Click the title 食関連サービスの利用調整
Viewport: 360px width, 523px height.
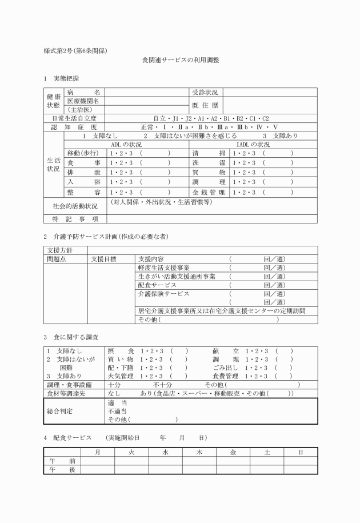[181, 59]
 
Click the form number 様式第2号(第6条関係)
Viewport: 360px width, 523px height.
[76, 50]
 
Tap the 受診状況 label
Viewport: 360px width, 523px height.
[206, 92]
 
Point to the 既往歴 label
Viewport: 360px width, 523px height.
[206, 105]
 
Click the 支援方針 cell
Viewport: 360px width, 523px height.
[65, 250]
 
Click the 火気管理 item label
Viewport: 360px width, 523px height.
[121, 376]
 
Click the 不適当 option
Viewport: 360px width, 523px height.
[117, 410]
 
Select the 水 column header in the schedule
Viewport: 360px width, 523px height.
[165, 452]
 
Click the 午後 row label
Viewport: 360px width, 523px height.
[62, 469]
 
